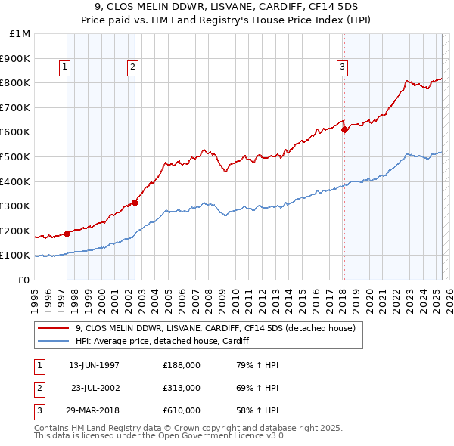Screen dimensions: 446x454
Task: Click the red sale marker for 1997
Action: point(67,234)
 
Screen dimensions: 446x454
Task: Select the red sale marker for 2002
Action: point(135,203)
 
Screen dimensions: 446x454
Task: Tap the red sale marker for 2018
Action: point(344,129)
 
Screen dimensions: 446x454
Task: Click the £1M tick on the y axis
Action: point(20,34)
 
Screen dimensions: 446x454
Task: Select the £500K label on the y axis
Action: point(17,157)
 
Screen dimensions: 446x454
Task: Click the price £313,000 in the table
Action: point(181,388)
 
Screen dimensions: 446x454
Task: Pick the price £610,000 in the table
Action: point(181,410)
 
